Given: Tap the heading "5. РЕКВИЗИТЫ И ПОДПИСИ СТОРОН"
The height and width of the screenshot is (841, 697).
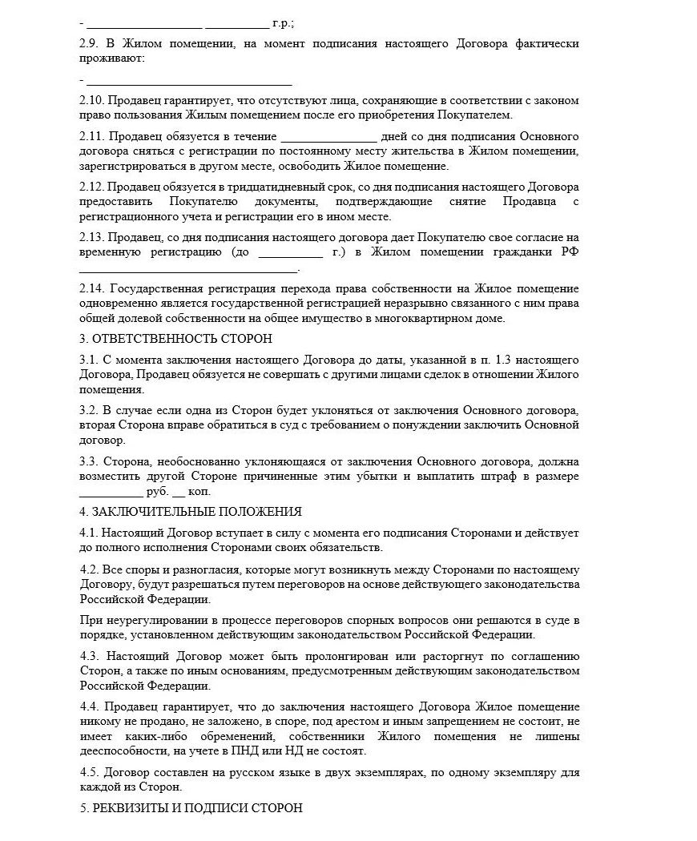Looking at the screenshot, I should point(191,807).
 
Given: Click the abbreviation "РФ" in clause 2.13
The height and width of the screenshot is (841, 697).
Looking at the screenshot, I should point(570,253).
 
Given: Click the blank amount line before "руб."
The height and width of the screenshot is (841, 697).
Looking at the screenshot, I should point(111,492).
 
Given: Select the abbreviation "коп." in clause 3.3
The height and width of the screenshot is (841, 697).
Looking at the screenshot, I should point(201,492).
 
